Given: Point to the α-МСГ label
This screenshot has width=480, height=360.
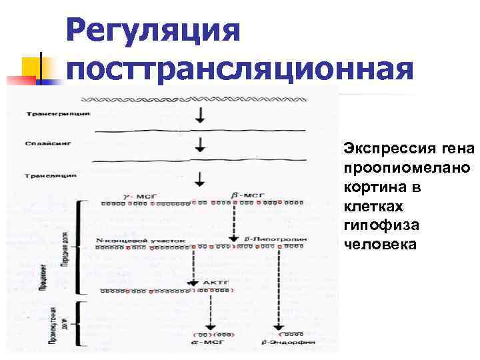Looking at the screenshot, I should click(x=209, y=343).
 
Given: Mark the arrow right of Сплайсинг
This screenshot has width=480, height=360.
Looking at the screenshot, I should click(x=199, y=145).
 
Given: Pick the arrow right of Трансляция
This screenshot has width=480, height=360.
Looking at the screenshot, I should click(x=199, y=178).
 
